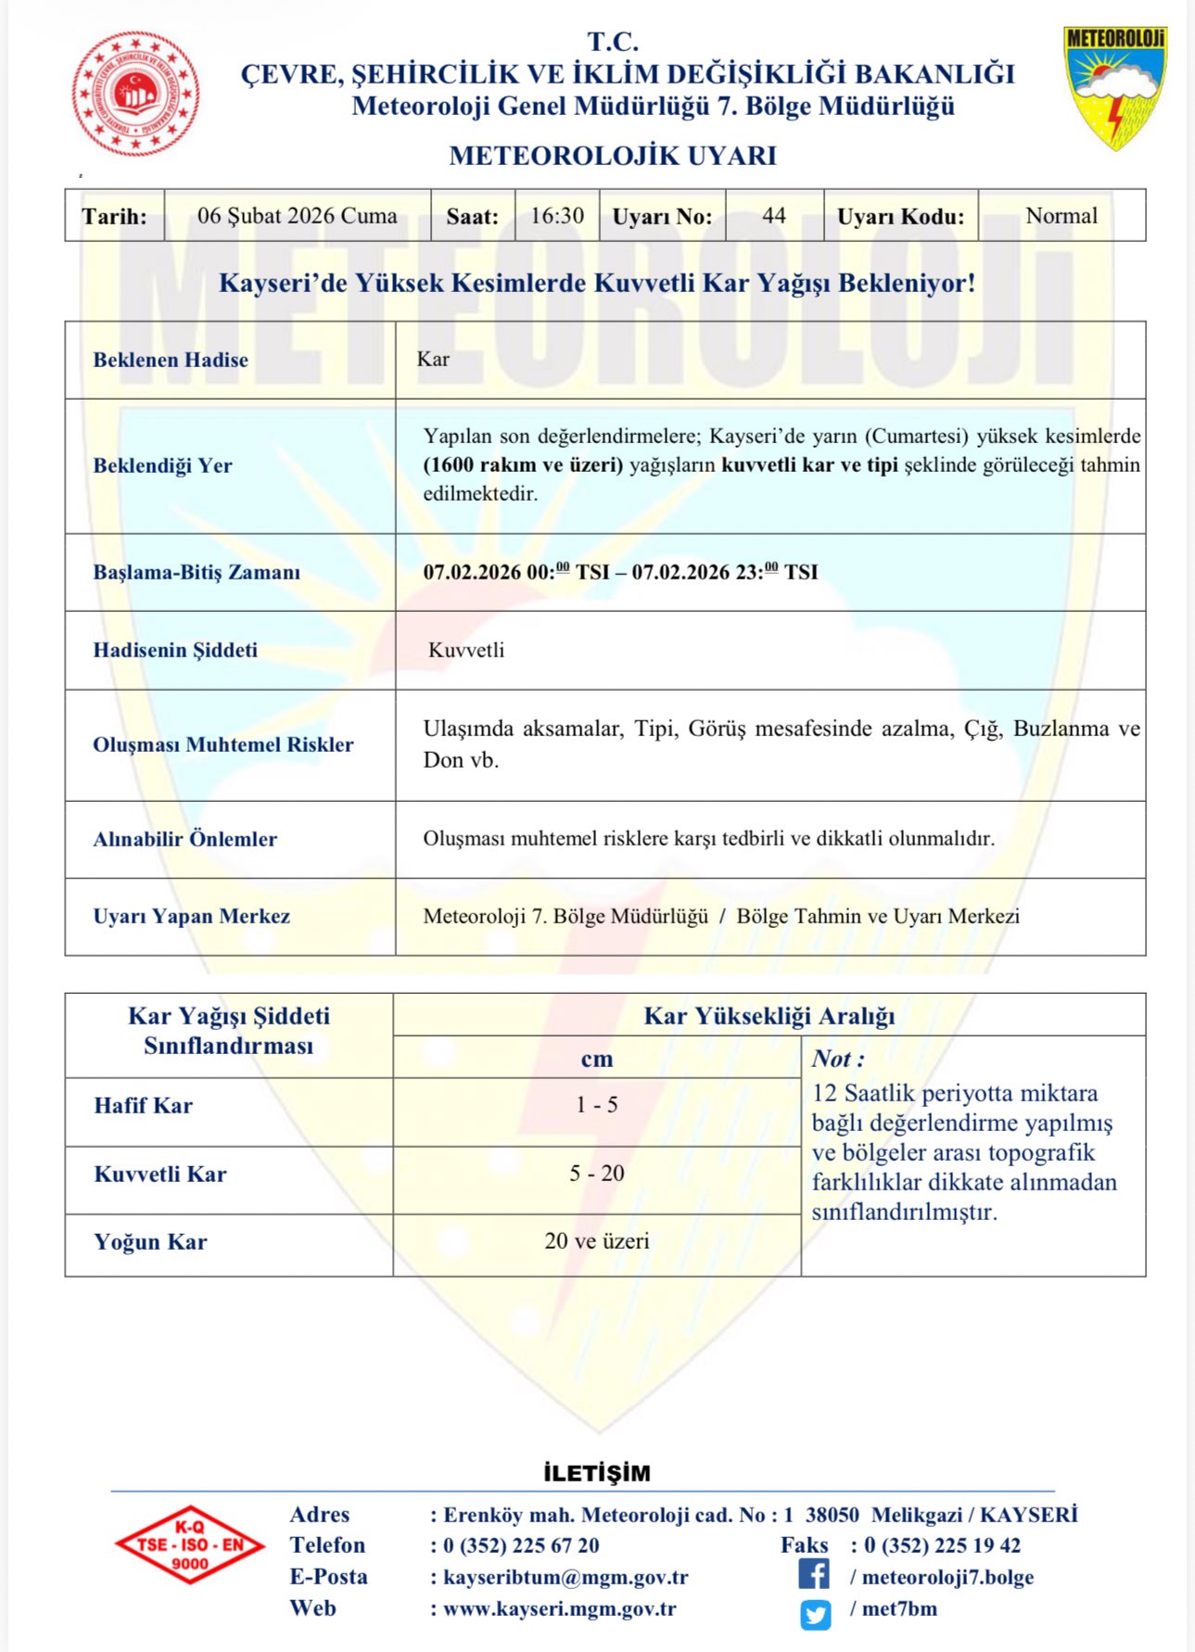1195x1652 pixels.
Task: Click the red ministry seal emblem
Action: point(135,93)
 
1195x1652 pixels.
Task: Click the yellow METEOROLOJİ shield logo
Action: point(1115,87)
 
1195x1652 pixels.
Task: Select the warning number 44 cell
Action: point(774,216)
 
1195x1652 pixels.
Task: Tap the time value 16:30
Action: point(557,216)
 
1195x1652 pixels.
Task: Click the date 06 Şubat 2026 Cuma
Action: point(297,216)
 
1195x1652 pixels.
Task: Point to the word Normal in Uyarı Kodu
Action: point(1062,216)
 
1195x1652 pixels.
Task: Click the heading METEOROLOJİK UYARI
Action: point(613,156)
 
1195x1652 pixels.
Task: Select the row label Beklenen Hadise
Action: point(171,360)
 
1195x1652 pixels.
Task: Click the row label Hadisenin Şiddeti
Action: point(175,650)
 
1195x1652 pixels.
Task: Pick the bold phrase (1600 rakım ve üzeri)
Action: point(523,465)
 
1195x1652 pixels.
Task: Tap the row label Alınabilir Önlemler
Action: point(184,839)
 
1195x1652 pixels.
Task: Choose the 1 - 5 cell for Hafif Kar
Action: point(597,1105)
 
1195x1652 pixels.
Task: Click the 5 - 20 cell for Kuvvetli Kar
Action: point(597,1174)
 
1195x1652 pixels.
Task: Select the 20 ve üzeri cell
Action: point(597,1241)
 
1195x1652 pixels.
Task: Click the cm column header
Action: point(597,1059)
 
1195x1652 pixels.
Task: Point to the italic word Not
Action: point(833,1059)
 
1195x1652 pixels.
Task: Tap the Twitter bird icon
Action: point(816,1615)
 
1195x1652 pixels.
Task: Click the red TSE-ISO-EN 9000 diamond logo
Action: point(190,1544)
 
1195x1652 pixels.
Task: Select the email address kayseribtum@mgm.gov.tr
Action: point(566,1577)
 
